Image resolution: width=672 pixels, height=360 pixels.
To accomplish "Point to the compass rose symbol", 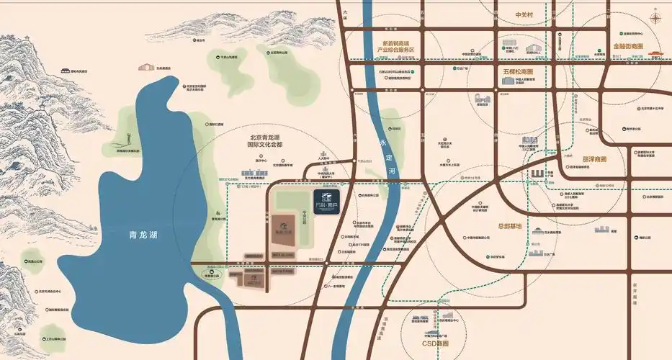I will coord(657,19).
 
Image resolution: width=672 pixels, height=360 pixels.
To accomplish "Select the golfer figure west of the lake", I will coord(128,139).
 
